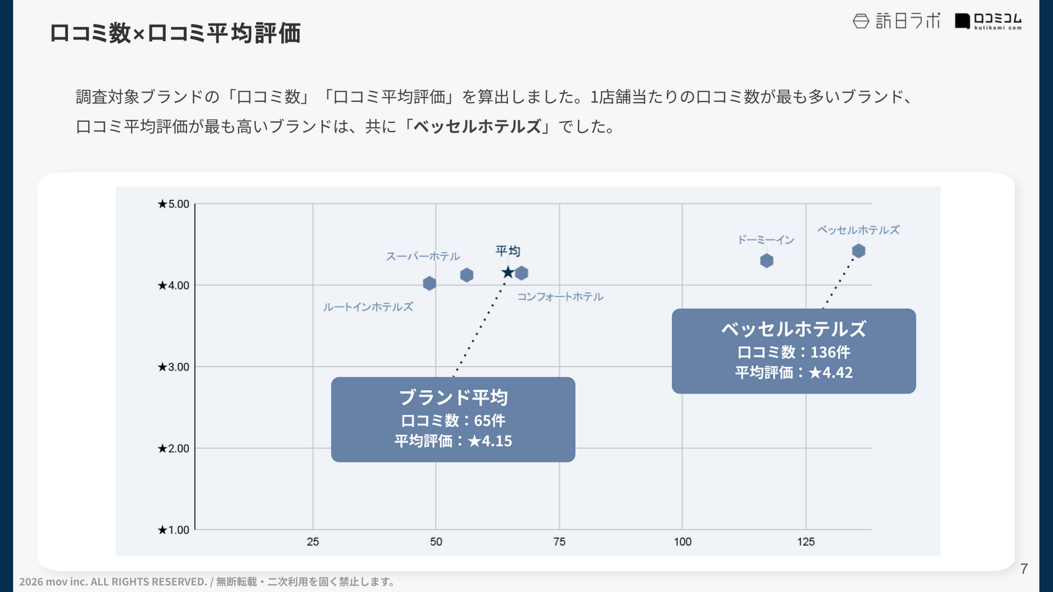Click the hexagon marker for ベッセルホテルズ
pos(858,251)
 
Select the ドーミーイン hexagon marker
pos(767,260)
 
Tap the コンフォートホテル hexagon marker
pos(521,273)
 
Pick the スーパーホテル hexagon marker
pos(467,275)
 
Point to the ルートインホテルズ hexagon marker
pos(429,284)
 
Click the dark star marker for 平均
pos(507,272)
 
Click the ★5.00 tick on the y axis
pos(173,204)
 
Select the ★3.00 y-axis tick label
pos(173,367)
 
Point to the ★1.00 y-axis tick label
pos(173,530)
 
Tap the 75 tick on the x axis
pos(559,542)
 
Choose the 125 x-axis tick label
pos(806,542)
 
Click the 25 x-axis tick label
pos(313,542)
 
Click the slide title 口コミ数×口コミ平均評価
pos(175,33)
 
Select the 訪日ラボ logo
pos(896,21)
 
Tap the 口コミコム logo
pos(988,21)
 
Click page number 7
pos(1023,569)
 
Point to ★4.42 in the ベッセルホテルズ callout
pos(831,373)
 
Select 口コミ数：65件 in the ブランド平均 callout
pos(453,420)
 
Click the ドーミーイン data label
pos(765,240)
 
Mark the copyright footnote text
pos(207,581)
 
